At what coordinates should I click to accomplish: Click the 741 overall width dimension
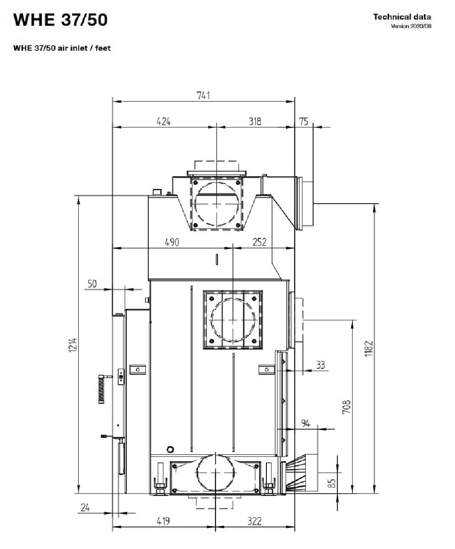click(x=203, y=96)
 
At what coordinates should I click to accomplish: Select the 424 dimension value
click(x=163, y=122)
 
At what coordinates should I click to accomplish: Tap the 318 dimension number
click(x=255, y=121)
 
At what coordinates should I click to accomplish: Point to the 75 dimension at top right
click(x=303, y=122)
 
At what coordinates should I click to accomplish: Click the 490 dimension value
click(x=172, y=242)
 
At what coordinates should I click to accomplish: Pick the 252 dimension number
click(x=260, y=242)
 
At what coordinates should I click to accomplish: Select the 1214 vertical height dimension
click(x=73, y=345)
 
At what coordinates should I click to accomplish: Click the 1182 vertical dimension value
click(x=368, y=349)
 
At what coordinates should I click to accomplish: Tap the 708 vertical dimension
click(x=347, y=407)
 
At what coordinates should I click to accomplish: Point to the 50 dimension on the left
click(x=92, y=284)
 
